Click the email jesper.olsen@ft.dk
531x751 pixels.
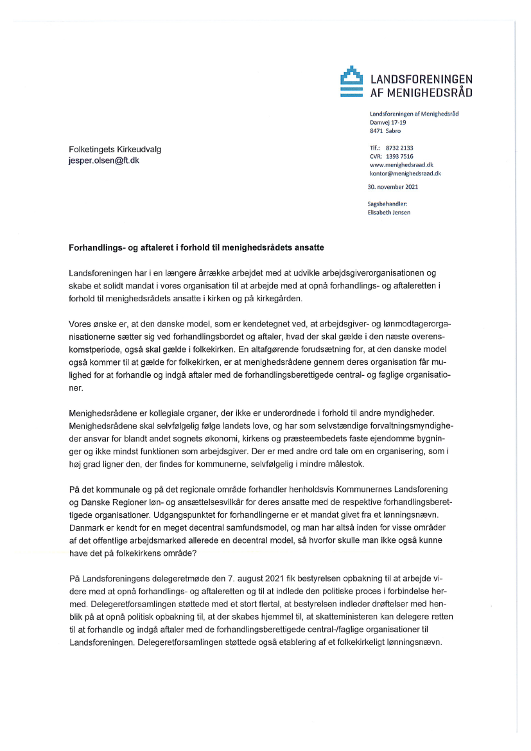[103, 161]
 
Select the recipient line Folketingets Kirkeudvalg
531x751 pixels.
[115, 149]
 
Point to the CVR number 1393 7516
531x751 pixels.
[399, 156]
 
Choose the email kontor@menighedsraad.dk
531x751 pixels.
[405, 173]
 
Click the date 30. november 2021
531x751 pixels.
[392, 187]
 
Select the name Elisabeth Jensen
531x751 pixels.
[390, 213]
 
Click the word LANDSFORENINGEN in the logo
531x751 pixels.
[422, 79]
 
